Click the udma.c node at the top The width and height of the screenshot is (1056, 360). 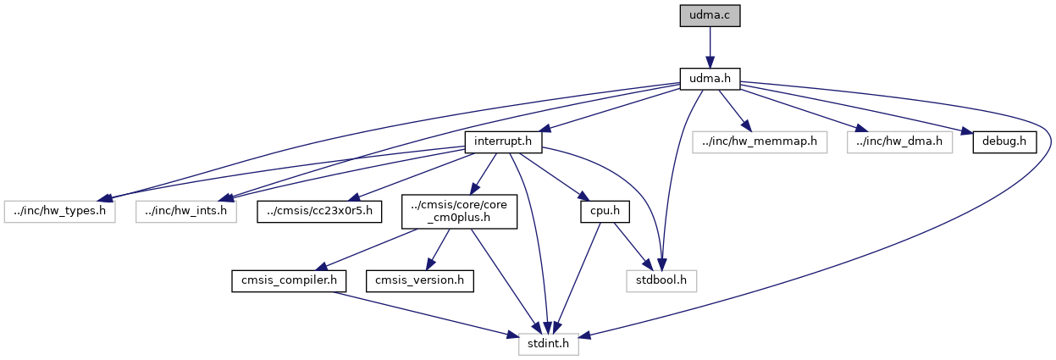coord(710,16)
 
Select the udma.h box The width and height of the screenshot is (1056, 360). coord(710,80)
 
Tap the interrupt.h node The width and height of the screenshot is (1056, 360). coord(503,141)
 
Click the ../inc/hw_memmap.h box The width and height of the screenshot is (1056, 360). coord(760,141)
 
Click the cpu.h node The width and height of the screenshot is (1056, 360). coord(597,209)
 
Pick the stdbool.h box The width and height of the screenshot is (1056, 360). coord(662,278)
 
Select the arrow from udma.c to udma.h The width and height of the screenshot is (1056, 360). coord(710,47)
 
